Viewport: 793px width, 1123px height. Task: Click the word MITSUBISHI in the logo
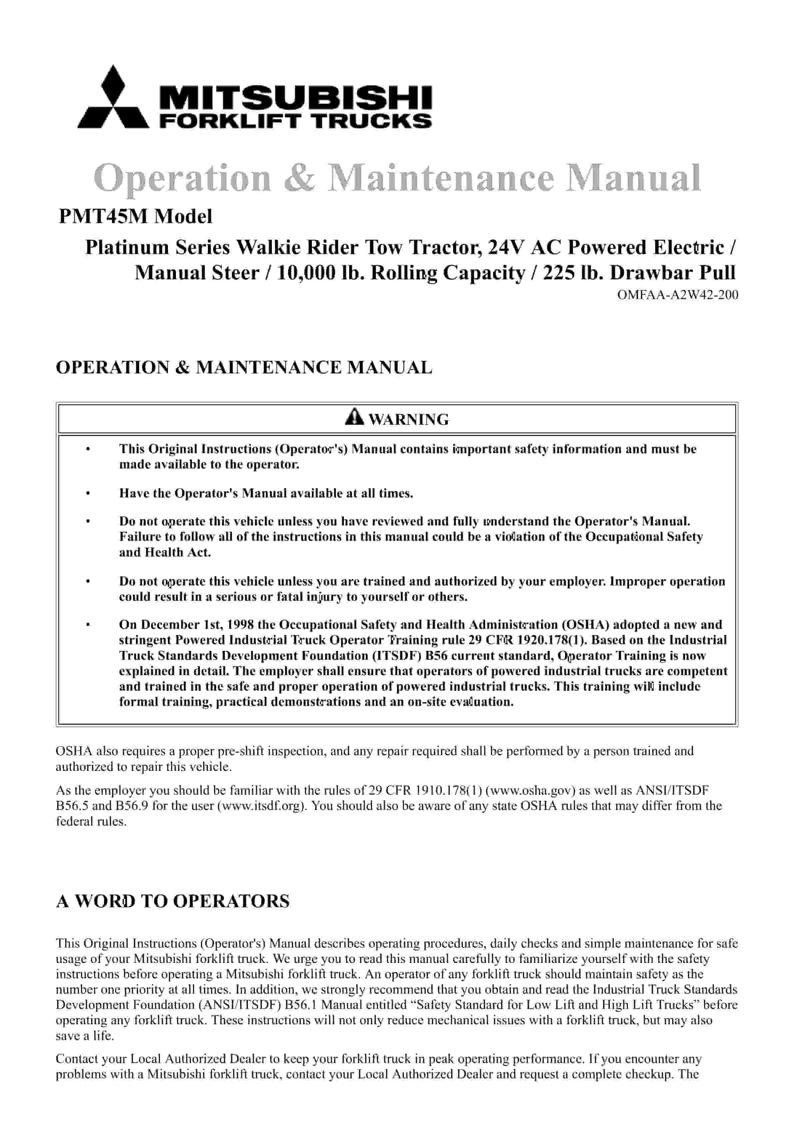pos(296,96)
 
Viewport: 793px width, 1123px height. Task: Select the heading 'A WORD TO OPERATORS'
pos(173,901)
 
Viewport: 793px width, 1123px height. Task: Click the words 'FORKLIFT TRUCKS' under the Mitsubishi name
pos(296,120)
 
